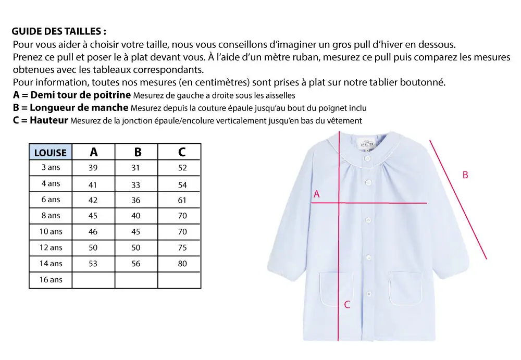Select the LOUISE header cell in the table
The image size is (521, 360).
51,152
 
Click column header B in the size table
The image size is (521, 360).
138,152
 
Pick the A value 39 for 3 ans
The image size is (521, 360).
93,168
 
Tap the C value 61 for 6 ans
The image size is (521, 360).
182,200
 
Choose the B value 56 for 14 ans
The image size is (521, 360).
136,264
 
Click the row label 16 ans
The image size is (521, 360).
51,280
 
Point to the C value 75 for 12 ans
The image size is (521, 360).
182,248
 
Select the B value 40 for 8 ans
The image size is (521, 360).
136,216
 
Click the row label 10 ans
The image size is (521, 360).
51,232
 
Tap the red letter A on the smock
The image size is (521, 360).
316,194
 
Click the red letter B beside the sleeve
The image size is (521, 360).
465,175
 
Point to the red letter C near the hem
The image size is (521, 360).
347,305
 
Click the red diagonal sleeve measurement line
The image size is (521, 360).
458,199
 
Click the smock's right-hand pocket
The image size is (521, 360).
405,288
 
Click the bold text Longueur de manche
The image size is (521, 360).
79,108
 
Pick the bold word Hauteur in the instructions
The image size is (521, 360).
49,120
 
